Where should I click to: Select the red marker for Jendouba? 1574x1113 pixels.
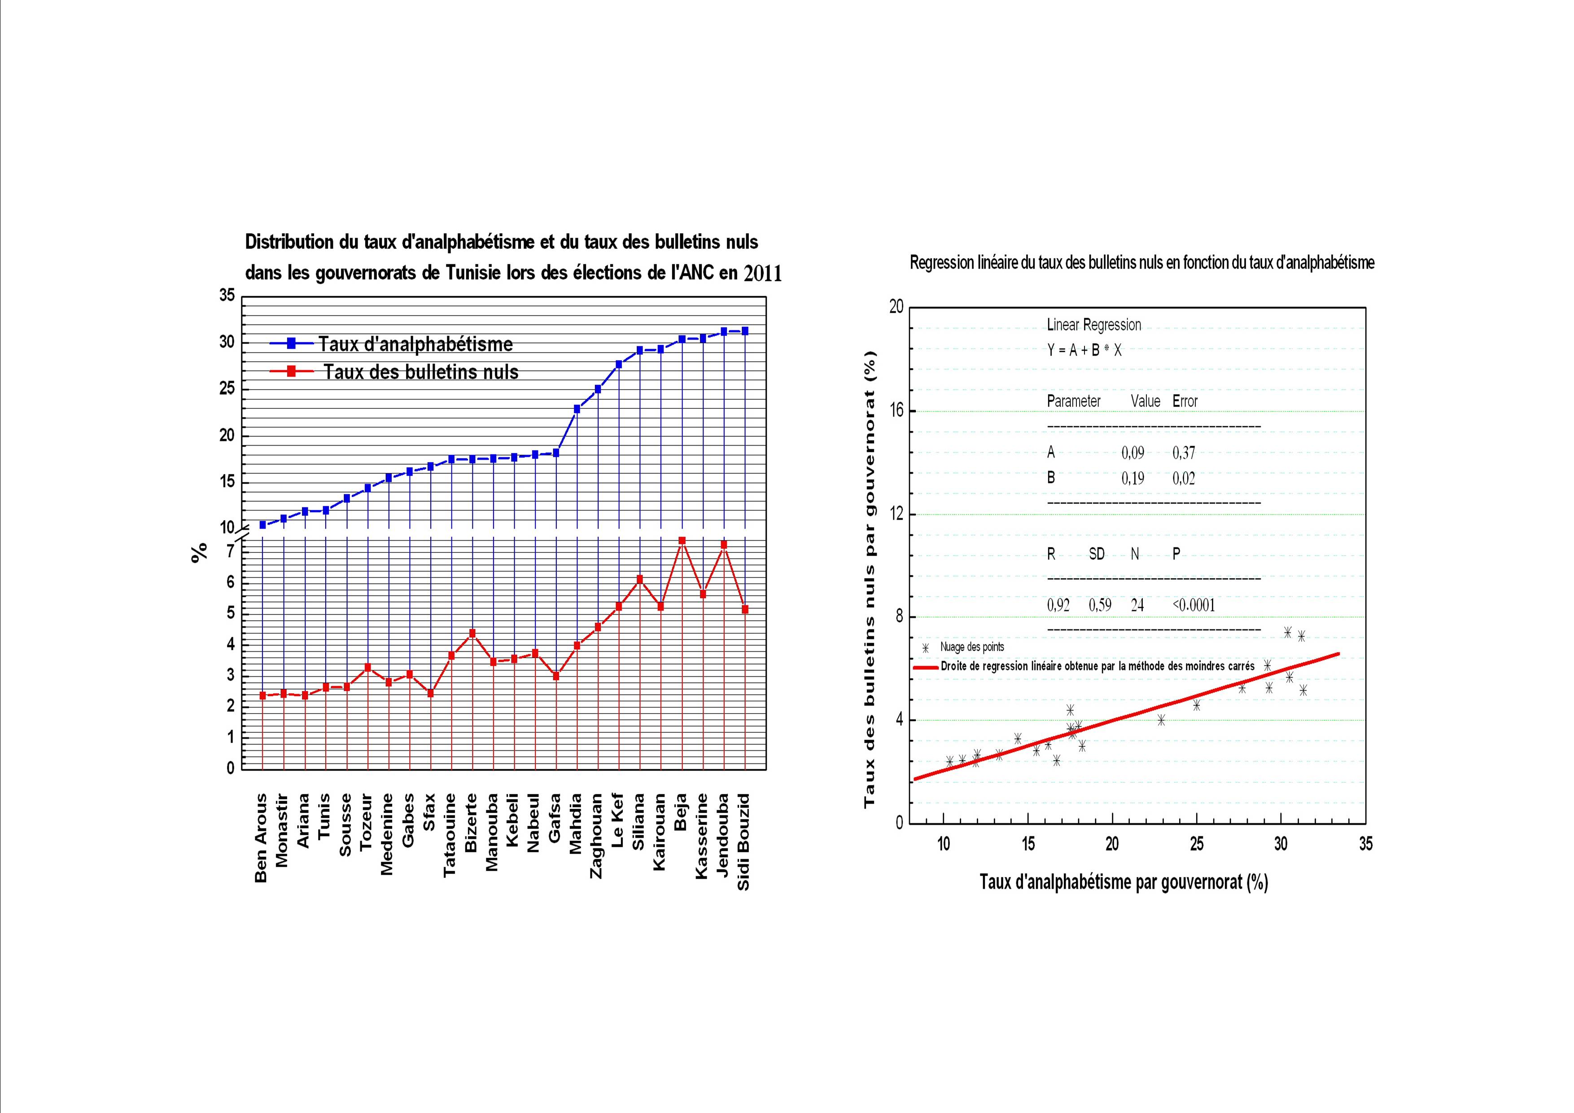pyautogui.click(x=723, y=544)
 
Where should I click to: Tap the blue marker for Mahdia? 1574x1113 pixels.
pyautogui.click(x=577, y=409)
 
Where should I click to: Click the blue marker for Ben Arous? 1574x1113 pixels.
pyautogui.click(x=262, y=525)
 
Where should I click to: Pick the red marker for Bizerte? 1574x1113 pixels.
pyautogui.click(x=472, y=633)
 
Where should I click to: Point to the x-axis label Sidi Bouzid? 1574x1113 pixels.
pyautogui.click(x=744, y=842)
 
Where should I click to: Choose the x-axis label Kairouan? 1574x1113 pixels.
pyautogui.click(x=660, y=832)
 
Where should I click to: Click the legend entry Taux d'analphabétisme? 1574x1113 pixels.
pyautogui.click(x=415, y=344)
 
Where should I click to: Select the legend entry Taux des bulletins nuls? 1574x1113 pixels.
pyautogui.click(x=421, y=372)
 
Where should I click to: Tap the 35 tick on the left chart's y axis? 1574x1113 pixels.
pyautogui.click(x=227, y=296)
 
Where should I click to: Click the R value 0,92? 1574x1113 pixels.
pyautogui.click(x=1058, y=605)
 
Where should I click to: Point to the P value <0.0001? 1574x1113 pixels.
pyautogui.click(x=1194, y=605)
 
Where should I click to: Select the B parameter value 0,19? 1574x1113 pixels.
pyautogui.click(x=1132, y=478)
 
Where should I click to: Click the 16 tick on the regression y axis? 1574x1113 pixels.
pyautogui.click(x=896, y=411)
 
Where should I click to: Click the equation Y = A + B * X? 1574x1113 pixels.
pyautogui.click(x=1084, y=350)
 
